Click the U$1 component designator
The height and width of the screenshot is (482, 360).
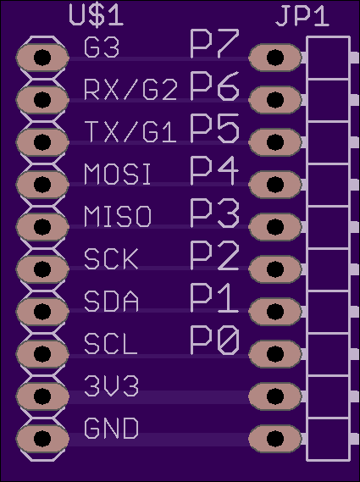click(x=97, y=15)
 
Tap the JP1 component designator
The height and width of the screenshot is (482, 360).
click(x=302, y=16)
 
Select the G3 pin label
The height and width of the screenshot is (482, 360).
click(x=102, y=47)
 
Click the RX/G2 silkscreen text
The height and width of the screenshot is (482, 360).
click(x=130, y=90)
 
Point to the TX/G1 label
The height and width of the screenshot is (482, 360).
click(x=130, y=132)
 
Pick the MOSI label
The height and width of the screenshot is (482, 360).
click(x=118, y=175)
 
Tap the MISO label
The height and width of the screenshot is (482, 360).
click(x=118, y=217)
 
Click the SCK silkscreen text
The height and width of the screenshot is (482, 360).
click(x=111, y=259)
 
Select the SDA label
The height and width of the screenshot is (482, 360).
click(x=111, y=302)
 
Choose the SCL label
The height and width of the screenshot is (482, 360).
click(x=110, y=344)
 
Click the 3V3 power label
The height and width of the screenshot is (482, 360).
click(x=111, y=385)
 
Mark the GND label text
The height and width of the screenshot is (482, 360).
click(x=111, y=428)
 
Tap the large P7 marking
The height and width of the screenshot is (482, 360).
click(x=214, y=43)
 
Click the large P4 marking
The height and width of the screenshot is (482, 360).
click(x=214, y=170)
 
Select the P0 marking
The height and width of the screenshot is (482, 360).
click(x=214, y=340)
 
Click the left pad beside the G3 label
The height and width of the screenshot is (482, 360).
click(x=42, y=57)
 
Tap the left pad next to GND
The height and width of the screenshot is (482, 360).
click(x=42, y=438)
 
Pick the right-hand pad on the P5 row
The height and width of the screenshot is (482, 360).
click(x=275, y=142)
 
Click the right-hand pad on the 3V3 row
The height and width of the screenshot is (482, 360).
click(x=275, y=396)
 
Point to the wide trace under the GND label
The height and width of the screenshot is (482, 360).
click(x=158, y=440)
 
